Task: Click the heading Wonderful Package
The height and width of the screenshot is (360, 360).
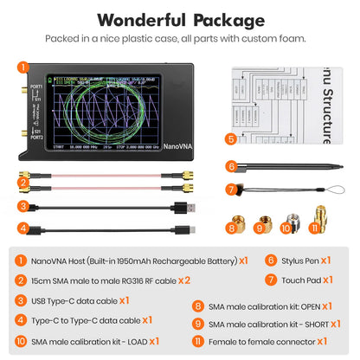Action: tap(180, 20)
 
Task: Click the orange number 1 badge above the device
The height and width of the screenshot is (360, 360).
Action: tap(23, 66)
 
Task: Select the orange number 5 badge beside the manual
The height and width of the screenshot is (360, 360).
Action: tap(230, 138)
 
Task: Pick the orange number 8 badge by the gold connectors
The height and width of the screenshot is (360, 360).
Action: tap(230, 228)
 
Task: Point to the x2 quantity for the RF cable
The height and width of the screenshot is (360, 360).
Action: tap(182, 280)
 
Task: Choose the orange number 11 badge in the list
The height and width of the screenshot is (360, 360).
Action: tap(224, 343)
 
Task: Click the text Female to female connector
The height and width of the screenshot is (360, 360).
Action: tap(282, 343)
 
